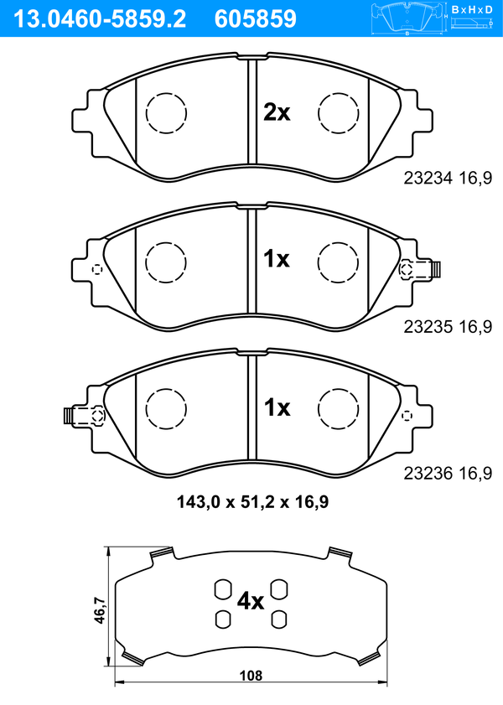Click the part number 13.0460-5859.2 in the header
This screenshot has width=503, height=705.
tap(101, 19)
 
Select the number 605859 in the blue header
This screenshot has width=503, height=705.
tap(256, 19)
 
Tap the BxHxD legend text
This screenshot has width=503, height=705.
tap(472, 9)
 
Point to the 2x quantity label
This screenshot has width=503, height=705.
tap(277, 112)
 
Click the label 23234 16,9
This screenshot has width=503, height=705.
tap(448, 178)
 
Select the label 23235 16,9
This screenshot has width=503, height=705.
tap(448, 327)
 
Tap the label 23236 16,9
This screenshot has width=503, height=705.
tap(448, 474)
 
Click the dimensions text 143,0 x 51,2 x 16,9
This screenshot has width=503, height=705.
tap(252, 502)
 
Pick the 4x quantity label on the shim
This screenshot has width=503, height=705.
tap(251, 601)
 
